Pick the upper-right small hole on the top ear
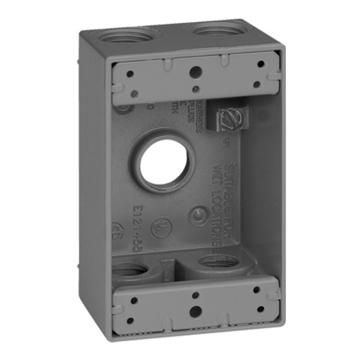pyautogui.click(x=261, y=64)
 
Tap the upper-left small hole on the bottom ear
pyautogui.click(x=134, y=300)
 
